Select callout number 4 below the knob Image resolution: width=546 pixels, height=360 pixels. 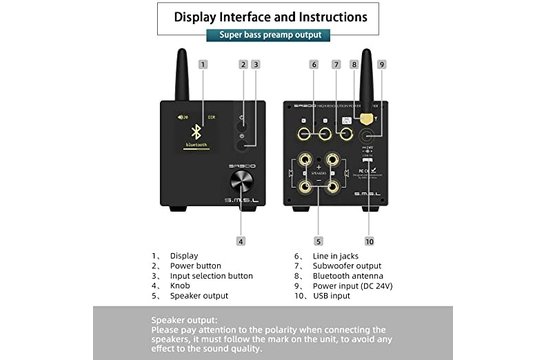(241, 240)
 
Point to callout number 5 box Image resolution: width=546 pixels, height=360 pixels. (318, 240)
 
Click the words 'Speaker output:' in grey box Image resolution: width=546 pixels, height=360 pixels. (183, 319)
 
